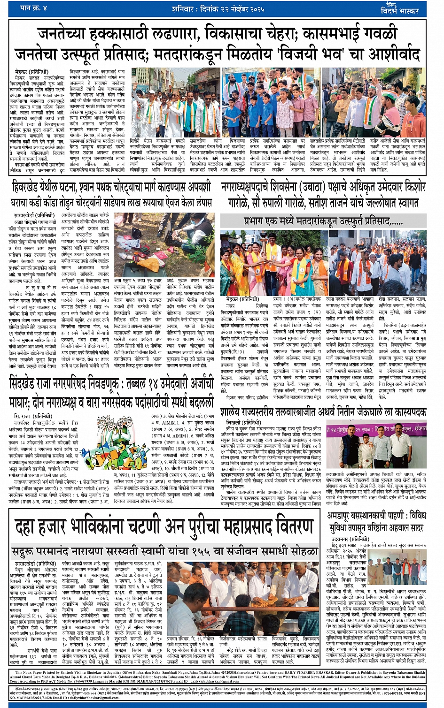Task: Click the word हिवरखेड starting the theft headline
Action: click(x=30, y=188)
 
